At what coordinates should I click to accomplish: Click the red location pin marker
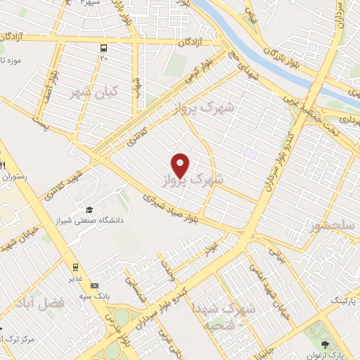181,165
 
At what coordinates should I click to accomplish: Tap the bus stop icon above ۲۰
104,49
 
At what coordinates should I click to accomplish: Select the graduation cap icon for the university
89,210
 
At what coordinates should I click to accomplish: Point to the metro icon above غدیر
75,266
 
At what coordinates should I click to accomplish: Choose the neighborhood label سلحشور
338,225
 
